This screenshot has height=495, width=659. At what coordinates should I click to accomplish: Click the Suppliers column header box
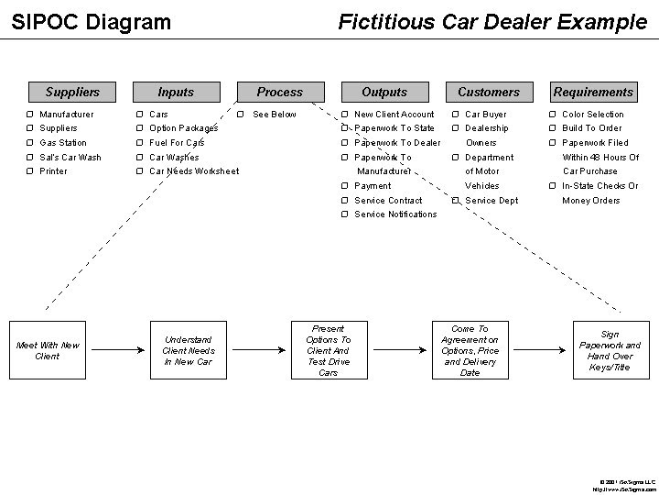coord(72,92)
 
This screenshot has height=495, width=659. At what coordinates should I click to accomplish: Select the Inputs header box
coord(176,92)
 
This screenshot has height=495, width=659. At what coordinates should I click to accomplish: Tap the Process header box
coord(279,92)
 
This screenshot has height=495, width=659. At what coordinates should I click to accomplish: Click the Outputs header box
coord(384,92)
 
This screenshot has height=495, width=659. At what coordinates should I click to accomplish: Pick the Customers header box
coord(488,92)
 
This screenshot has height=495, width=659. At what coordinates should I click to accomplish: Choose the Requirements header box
coord(593,92)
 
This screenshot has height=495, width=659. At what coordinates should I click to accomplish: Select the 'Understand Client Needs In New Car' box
coord(188,350)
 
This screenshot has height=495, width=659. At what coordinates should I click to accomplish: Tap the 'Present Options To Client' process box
coord(329,350)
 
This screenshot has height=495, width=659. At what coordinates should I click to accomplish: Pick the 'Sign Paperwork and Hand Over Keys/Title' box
coord(610,350)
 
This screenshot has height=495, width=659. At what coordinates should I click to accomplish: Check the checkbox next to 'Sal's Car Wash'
coord(30,158)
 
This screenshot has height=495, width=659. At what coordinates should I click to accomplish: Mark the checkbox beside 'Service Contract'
coord(344,201)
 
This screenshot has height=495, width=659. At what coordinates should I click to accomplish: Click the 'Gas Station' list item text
coord(63,143)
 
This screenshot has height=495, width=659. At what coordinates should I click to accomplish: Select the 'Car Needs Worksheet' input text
coord(194,171)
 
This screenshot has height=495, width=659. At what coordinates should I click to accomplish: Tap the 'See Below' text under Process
coord(275,115)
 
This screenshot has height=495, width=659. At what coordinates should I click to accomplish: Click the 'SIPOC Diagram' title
coord(91,21)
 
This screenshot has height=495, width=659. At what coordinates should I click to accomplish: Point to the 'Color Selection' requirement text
coord(593,115)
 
